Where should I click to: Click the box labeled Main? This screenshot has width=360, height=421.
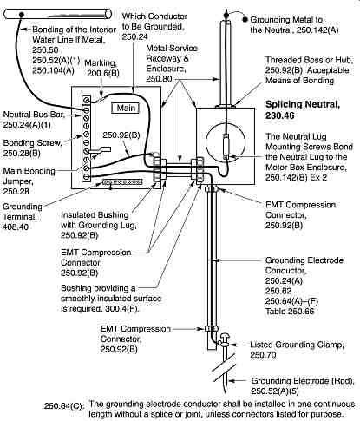126,109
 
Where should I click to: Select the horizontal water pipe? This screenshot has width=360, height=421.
57,14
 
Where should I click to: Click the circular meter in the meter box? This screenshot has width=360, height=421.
226,142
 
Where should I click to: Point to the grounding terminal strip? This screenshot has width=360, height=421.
122,182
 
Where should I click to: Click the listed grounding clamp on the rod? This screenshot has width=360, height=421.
224,340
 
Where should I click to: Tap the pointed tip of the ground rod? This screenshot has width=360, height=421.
225,391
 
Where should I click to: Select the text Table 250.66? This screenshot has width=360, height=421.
290,312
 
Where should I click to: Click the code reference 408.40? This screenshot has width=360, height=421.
16,227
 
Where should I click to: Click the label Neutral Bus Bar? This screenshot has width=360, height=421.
33,115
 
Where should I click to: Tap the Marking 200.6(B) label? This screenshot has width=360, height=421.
101,69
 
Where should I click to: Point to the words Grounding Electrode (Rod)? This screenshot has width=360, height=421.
303,381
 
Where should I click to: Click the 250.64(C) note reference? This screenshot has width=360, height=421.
63,406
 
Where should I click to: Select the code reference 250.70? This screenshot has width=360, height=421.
263,355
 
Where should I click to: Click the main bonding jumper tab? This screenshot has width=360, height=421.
100,150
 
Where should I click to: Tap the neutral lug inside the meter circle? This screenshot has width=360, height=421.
226,146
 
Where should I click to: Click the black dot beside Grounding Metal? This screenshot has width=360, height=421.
245,20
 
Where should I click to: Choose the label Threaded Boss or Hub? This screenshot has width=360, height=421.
309,60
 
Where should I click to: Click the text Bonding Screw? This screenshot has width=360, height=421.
32,143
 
